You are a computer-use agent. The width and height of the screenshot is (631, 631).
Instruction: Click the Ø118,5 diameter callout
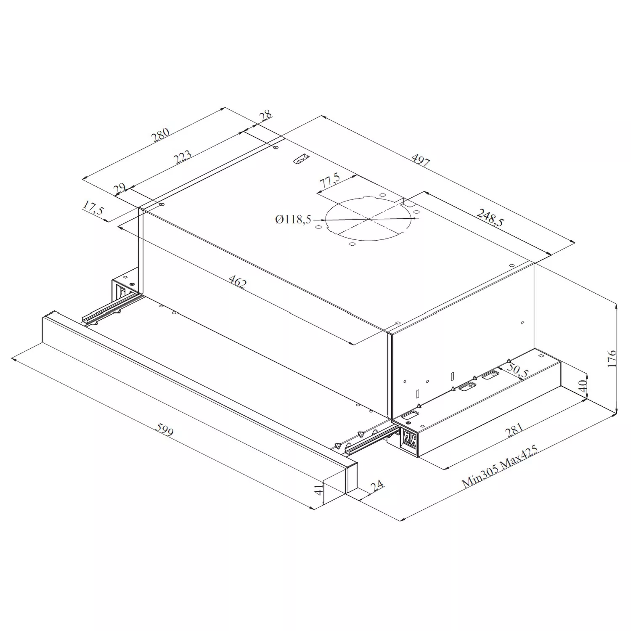click(x=293, y=219)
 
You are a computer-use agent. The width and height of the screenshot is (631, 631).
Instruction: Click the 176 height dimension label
click(x=612, y=358)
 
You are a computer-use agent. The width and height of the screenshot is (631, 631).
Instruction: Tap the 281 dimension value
click(x=514, y=430)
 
